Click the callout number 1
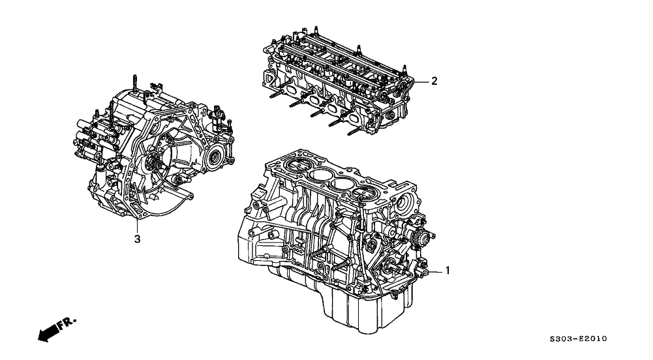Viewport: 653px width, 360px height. coord(447,269)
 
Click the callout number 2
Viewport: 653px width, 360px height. coord(433,82)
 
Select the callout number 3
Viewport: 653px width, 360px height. coord(137,239)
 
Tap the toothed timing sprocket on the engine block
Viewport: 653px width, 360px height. coord(418,236)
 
